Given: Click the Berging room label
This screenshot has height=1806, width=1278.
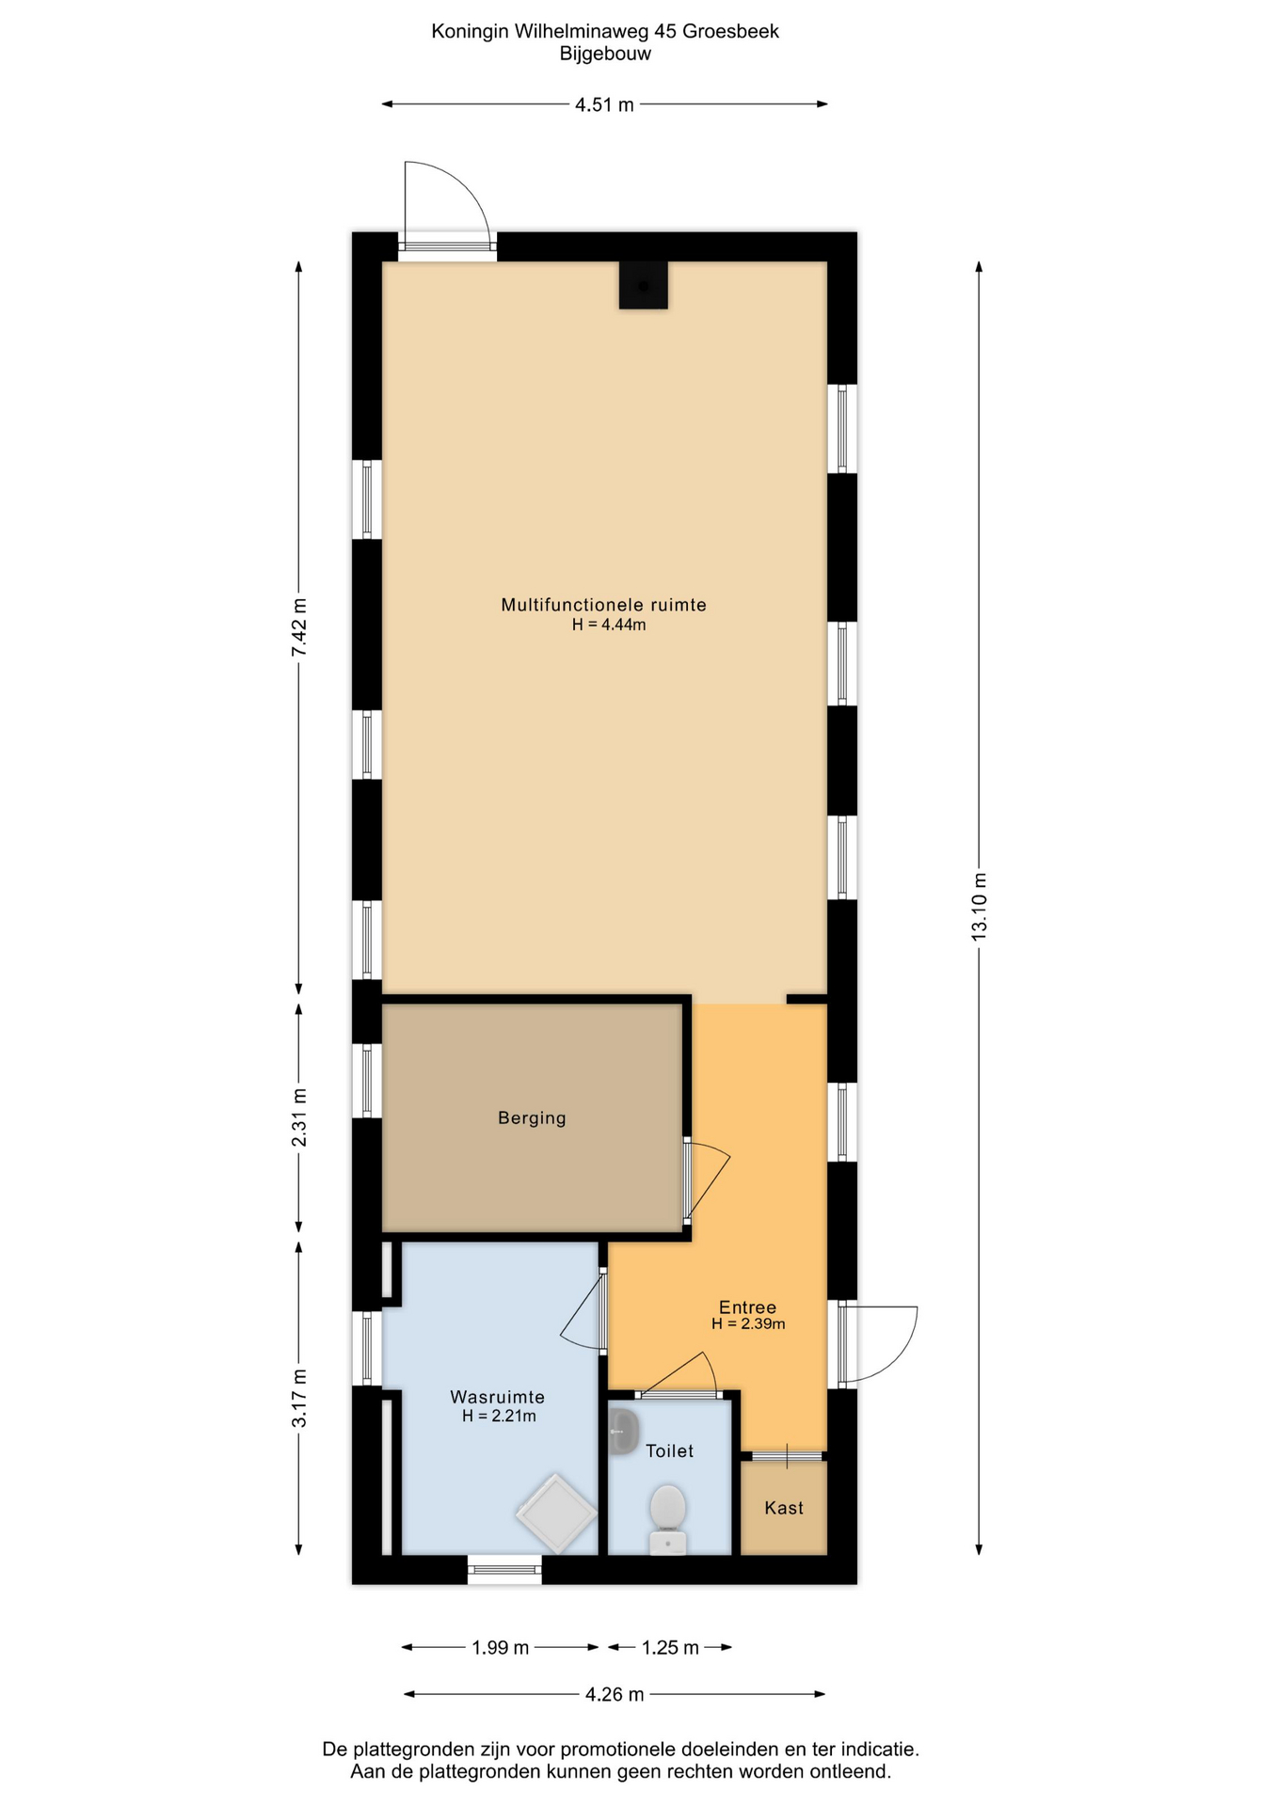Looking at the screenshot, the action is pyautogui.click(x=532, y=1117).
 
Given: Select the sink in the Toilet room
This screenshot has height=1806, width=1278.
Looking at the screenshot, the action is pyautogui.click(x=623, y=1433).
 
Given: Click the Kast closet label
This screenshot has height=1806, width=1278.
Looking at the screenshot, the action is pyautogui.click(x=784, y=1508).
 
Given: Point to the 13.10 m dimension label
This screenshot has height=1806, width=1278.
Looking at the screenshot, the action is pyautogui.click(x=979, y=906).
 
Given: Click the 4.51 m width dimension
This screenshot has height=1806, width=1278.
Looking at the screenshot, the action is pyautogui.click(x=604, y=104).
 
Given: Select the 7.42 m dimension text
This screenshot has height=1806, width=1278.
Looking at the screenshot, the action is pyautogui.click(x=298, y=627).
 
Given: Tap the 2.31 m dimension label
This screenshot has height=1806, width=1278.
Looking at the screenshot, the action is pyautogui.click(x=298, y=1117).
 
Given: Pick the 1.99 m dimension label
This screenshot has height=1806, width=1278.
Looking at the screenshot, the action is pyautogui.click(x=501, y=1647).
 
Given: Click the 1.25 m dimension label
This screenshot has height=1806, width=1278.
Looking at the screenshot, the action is pyautogui.click(x=670, y=1647).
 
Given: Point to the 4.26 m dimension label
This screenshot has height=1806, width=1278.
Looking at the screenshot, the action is pyautogui.click(x=615, y=1694).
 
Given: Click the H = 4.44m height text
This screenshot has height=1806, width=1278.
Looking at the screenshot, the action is pyautogui.click(x=609, y=625).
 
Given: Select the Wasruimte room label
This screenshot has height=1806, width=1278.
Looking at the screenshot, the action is pyautogui.click(x=497, y=1397).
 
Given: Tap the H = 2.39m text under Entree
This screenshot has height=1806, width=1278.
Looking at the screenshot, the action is pyautogui.click(x=748, y=1323).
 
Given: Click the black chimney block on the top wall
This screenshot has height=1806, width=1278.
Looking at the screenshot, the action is pyautogui.click(x=643, y=285).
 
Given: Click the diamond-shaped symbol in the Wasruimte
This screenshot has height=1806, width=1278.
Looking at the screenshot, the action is pyautogui.click(x=556, y=1513).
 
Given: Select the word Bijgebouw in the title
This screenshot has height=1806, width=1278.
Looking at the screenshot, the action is pyautogui.click(x=605, y=54).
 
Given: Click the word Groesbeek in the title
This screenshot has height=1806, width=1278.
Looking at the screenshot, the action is pyautogui.click(x=730, y=31).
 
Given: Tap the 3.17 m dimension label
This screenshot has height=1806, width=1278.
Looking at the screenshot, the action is pyautogui.click(x=298, y=1398).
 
